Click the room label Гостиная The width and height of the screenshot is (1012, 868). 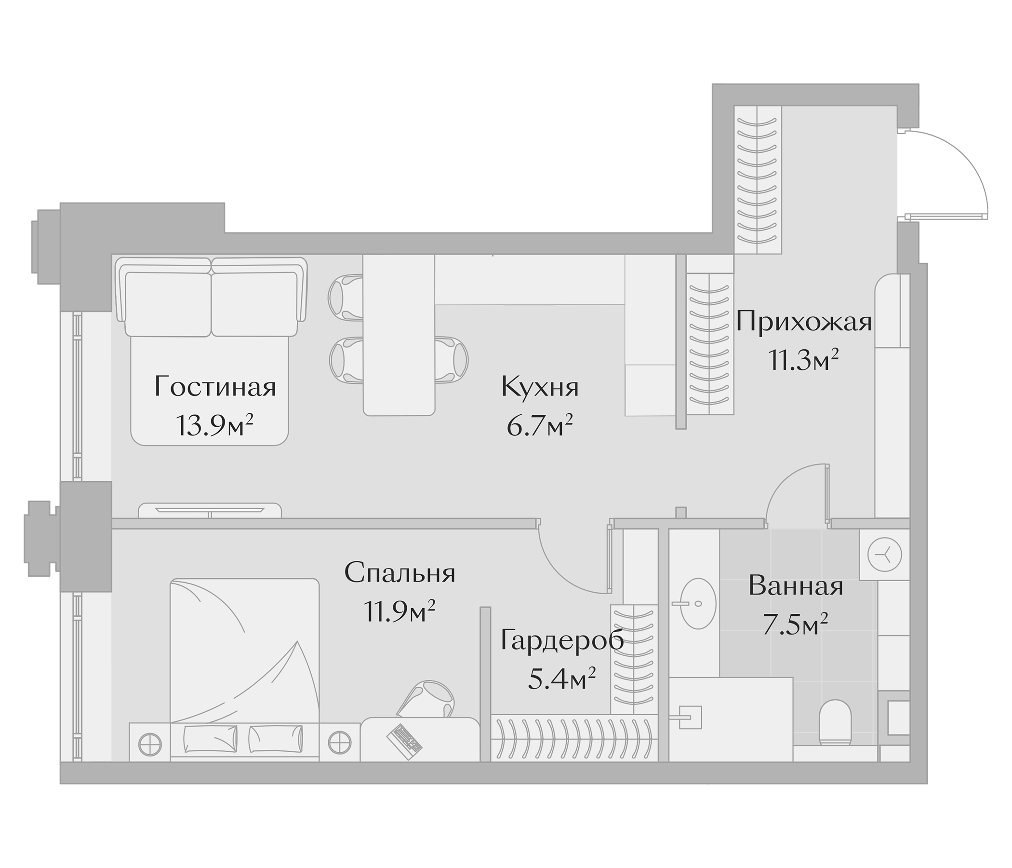[215, 387]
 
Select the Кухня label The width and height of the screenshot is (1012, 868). [540, 387]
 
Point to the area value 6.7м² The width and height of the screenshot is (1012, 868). [539, 426]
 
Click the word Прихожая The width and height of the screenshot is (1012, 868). [804, 323]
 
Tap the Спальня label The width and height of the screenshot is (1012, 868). [399, 573]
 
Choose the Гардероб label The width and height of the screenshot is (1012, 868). [562, 640]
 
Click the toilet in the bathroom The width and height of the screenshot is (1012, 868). [835, 724]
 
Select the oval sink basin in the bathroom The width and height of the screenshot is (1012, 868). [698, 604]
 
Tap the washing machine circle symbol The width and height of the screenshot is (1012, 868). [884, 555]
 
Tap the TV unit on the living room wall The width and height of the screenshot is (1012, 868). [210, 510]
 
